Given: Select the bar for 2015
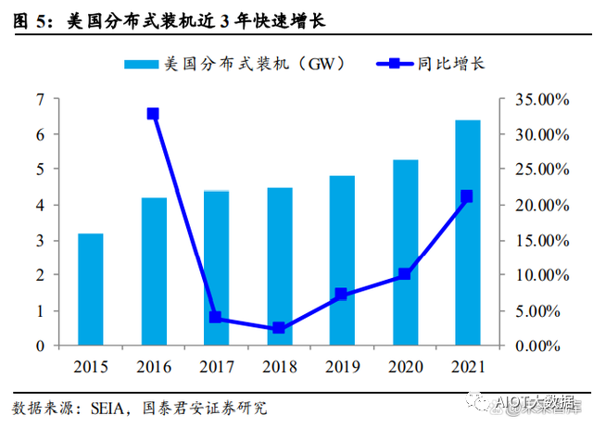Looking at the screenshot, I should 90,289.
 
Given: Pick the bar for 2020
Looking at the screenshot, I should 405,252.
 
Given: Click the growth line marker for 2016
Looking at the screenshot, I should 153,114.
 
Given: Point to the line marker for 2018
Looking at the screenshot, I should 279,328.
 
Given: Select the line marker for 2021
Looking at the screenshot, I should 467,196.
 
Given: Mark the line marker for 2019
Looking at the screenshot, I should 342,294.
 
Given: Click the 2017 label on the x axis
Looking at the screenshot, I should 216,367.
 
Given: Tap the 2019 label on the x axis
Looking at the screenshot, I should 342,367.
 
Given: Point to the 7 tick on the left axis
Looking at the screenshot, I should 40,99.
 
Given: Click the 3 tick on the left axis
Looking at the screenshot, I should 40,240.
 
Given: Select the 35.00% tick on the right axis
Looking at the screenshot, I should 535,99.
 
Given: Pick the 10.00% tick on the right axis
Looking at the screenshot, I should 535,275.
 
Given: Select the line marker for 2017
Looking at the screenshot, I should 216,317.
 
